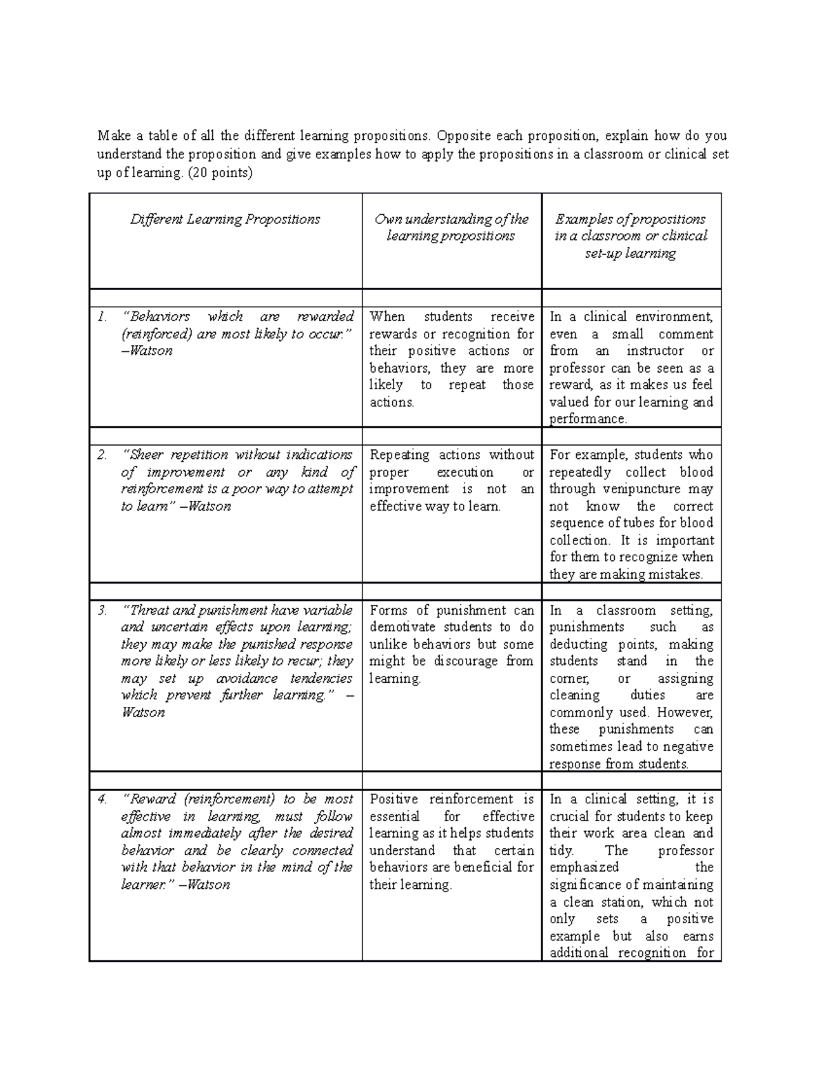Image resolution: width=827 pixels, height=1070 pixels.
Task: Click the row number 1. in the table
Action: click(x=102, y=317)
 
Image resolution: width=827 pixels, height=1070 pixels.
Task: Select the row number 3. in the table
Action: click(x=102, y=610)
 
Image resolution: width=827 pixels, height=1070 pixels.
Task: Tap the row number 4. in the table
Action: click(x=102, y=799)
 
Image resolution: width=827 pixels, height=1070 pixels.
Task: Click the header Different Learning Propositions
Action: click(x=225, y=220)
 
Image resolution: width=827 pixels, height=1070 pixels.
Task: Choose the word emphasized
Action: click(x=584, y=867)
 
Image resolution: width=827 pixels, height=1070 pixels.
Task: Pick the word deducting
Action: click(x=578, y=644)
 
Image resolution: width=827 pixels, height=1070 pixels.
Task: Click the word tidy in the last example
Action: click(x=562, y=850)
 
